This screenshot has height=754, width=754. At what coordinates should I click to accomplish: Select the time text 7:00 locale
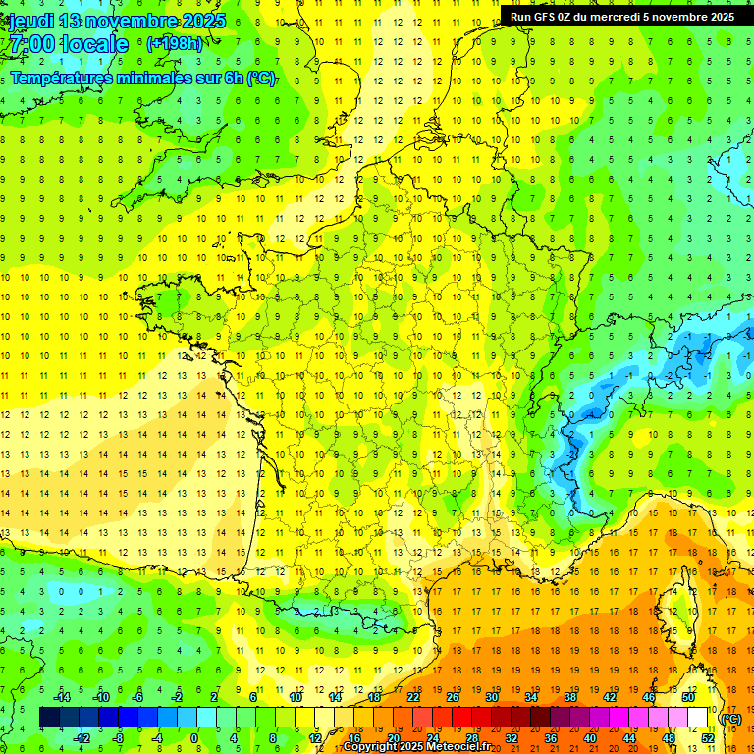point(67,44)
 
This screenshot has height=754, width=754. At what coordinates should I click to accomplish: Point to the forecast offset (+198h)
point(175,43)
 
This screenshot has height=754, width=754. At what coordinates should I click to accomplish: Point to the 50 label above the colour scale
point(688,697)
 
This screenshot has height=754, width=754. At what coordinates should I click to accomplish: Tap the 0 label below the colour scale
point(194,738)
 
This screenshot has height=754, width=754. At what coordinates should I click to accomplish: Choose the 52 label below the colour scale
point(708,738)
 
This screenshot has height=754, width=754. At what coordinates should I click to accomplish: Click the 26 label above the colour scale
point(452,697)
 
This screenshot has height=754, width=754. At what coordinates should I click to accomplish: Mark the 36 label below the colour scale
point(551,738)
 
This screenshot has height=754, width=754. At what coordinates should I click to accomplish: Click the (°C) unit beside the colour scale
point(730,719)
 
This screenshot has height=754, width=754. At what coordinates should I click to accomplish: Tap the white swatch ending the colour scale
point(698,718)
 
